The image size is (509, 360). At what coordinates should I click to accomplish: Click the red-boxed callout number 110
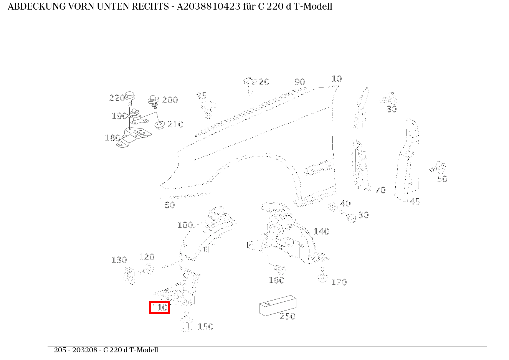pyautogui.click(x=159, y=307)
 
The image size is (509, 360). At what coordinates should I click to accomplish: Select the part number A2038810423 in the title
pyautogui.click(x=208, y=7)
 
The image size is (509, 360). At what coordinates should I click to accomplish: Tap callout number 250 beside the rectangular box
pyautogui.click(x=288, y=316)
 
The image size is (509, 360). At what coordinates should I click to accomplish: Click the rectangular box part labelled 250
pyautogui.click(x=277, y=306)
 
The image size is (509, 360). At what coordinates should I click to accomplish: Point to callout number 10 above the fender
pyautogui.click(x=337, y=79)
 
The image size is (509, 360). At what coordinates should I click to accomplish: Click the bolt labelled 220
pyautogui.click(x=130, y=98)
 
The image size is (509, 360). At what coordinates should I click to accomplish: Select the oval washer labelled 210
pyautogui.click(x=159, y=125)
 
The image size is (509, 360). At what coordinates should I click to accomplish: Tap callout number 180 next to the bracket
pyautogui.click(x=112, y=138)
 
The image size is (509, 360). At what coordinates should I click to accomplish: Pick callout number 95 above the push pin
pyautogui.click(x=202, y=96)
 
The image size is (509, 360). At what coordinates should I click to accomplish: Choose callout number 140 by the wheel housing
pyautogui.click(x=321, y=231)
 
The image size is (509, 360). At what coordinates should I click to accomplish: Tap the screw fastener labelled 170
pyautogui.click(x=322, y=277)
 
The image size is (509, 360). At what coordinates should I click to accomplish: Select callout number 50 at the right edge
pyautogui.click(x=442, y=179)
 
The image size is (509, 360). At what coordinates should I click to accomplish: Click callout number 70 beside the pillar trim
pyautogui.click(x=380, y=190)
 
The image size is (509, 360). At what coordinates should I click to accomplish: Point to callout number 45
pyautogui.click(x=415, y=201)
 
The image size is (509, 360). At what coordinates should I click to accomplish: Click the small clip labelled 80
pyautogui.click(x=389, y=99)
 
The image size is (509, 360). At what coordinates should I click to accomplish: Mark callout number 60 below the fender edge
pyautogui.click(x=169, y=205)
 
